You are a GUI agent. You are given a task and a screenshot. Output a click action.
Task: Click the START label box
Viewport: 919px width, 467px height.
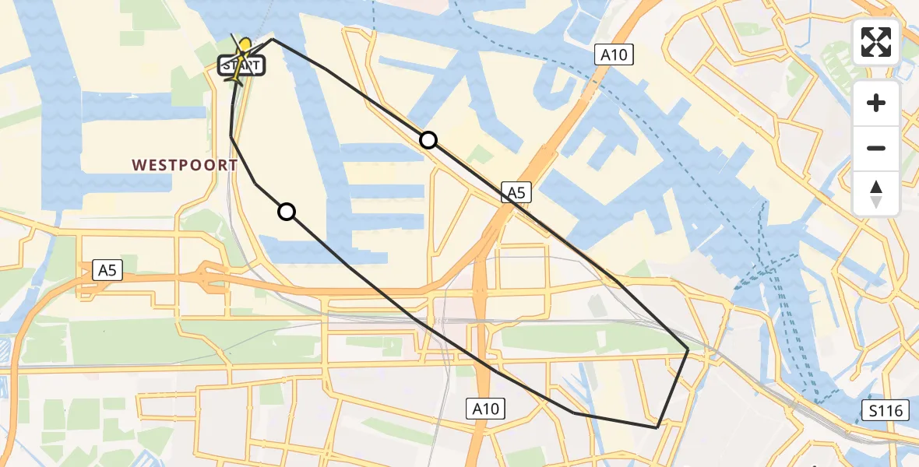click(x=242, y=66)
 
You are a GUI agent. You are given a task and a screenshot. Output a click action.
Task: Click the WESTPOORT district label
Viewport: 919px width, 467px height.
click(x=185, y=165)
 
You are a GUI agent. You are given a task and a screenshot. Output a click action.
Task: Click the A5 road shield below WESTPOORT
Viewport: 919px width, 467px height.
click(x=107, y=270)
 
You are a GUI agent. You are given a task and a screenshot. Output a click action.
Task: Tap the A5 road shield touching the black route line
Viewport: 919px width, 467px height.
click(x=516, y=192)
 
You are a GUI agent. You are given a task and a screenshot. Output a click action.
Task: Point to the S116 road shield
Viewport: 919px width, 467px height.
click(x=886, y=411)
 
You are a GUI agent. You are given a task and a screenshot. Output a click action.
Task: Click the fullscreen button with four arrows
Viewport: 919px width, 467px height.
click(x=876, y=42)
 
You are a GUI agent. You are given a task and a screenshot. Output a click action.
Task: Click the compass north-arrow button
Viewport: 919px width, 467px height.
click(x=876, y=194)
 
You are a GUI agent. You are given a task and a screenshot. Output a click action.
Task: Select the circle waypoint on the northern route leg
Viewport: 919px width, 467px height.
click(x=428, y=140)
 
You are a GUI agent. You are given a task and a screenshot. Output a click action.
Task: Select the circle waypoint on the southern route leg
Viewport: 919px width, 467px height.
click(x=287, y=212)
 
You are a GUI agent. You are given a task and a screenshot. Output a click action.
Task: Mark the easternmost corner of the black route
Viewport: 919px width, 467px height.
click(x=688, y=350)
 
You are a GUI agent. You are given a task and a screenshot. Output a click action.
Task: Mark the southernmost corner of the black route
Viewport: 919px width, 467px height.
click(x=658, y=427)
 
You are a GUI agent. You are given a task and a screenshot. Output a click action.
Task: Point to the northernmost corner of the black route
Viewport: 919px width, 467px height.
click(x=272, y=38)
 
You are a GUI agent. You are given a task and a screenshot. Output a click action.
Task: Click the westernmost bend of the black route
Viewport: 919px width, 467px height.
click(x=231, y=136)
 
